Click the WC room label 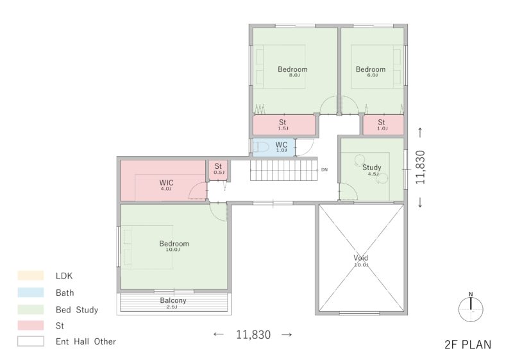[x=282, y=144]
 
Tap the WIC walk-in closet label [x=166, y=183]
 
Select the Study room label [x=372, y=167]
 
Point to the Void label [x=360, y=258]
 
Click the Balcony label [x=173, y=300]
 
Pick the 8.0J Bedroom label [x=292, y=69]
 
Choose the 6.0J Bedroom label [x=371, y=69]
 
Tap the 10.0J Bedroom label [x=174, y=244]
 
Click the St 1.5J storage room [x=284, y=124]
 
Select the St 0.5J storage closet [x=218, y=170]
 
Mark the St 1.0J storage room [x=383, y=124]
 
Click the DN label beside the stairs [x=324, y=170]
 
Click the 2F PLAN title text [x=468, y=345]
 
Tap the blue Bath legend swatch [x=30, y=292]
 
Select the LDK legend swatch [x=30, y=275]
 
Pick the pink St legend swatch [x=30, y=325]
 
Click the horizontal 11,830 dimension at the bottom [x=253, y=334]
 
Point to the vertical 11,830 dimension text [x=420, y=167]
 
